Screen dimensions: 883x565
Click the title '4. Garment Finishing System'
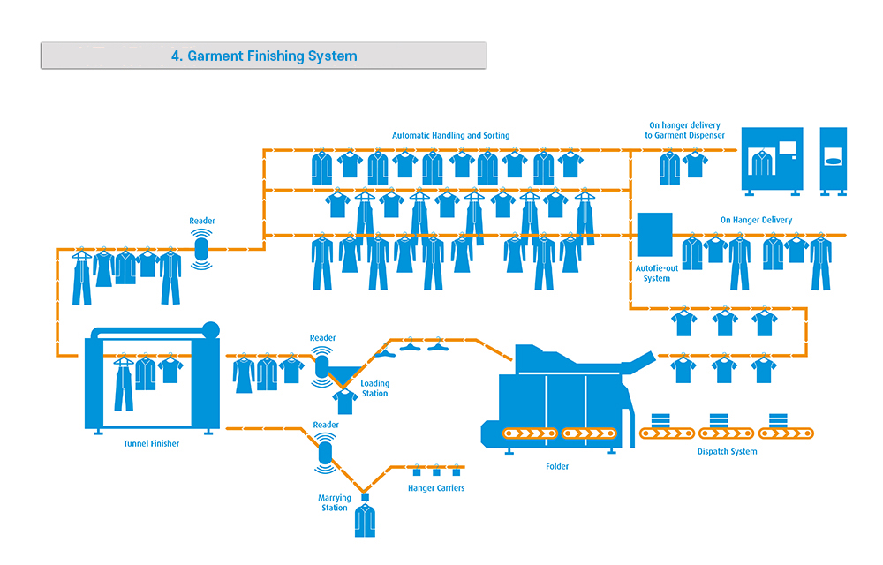(x=264, y=56)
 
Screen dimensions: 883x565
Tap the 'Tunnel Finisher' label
(x=152, y=443)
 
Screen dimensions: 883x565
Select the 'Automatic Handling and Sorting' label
(x=450, y=136)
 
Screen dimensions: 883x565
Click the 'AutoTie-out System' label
(x=657, y=274)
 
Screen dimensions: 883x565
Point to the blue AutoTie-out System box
(x=655, y=235)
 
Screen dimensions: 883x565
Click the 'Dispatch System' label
(x=727, y=451)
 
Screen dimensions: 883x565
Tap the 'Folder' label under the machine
(x=557, y=466)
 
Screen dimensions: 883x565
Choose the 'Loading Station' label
(x=375, y=388)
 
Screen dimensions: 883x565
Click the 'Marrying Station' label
(x=335, y=502)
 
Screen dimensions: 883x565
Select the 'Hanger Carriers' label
(x=436, y=488)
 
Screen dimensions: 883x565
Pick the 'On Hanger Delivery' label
(x=757, y=220)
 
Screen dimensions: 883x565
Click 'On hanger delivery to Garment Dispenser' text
(x=685, y=131)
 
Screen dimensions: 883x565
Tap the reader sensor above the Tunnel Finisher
(x=201, y=249)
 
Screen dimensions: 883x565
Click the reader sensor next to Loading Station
(x=321, y=367)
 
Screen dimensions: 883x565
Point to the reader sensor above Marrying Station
(x=325, y=453)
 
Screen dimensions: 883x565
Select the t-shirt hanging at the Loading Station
(x=344, y=402)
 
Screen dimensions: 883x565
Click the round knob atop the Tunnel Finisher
(x=211, y=330)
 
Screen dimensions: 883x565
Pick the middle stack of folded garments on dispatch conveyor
(x=719, y=420)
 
